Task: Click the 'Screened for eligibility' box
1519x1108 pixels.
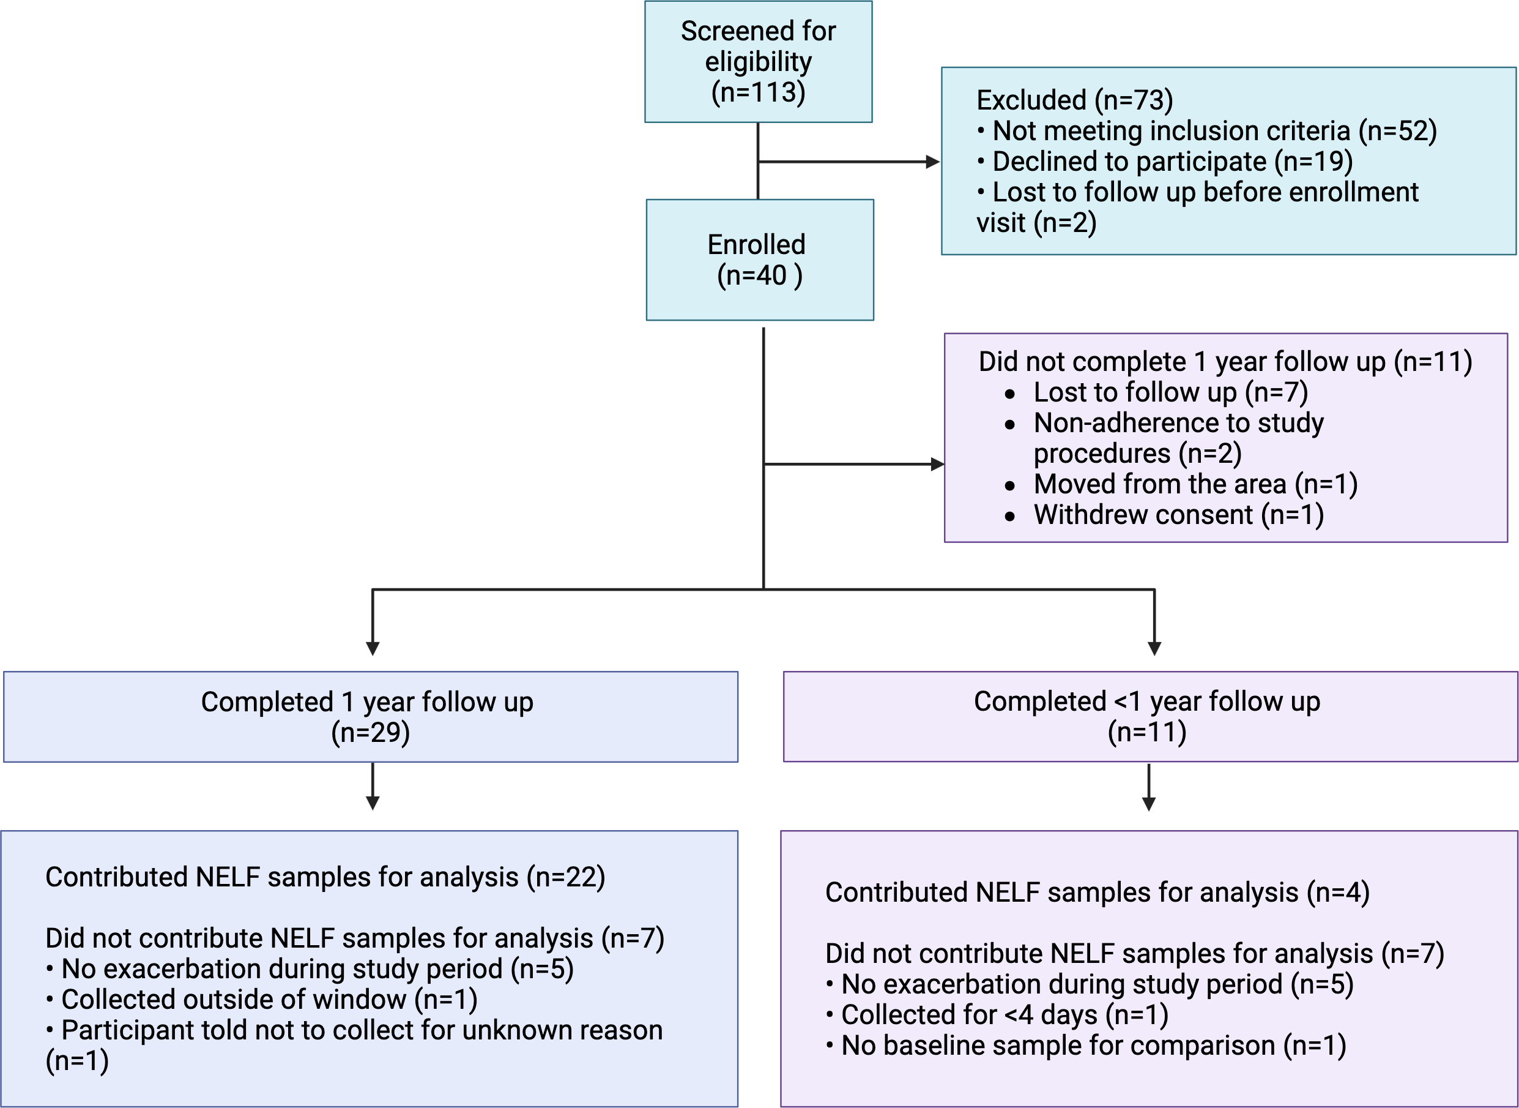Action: click(758, 62)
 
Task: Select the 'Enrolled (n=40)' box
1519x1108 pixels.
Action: click(760, 260)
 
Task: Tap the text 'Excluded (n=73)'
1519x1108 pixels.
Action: click(1075, 100)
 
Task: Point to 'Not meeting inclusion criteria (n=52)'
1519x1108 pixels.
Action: click(1214, 131)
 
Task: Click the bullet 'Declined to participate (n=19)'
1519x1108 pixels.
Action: click(1172, 162)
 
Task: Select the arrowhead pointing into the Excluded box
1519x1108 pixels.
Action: click(932, 162)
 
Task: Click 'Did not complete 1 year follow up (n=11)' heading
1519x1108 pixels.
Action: click(1225, 362)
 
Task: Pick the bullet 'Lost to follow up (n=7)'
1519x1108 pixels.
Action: click(1170, 392)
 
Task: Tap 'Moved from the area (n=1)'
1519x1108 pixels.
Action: click(1195, 484)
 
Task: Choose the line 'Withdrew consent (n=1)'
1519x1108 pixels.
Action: click(1178, 515)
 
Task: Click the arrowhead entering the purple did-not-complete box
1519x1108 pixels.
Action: click(937, 464)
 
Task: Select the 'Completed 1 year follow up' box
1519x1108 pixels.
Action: click(371, 716)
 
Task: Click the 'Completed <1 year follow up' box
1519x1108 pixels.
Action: click(1149, 716)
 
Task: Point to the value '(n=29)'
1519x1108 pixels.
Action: click(371, 732)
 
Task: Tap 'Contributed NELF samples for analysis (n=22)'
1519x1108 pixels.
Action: click(325, 877)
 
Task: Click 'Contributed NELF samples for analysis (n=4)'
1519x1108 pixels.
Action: click(1097, 893)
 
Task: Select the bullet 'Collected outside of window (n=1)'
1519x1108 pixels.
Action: click(268, 1000)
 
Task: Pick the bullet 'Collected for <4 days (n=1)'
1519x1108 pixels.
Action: click(1004, 1015)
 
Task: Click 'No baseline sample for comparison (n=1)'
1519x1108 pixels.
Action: click(1093, 1046)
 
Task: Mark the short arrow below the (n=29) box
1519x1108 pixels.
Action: click(373, 787)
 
